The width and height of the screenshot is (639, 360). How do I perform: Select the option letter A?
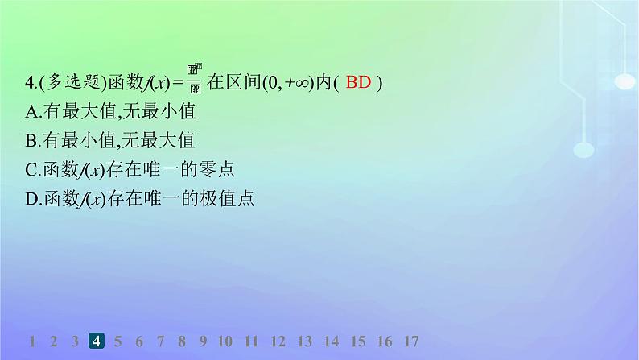pyautogui.click(x=31, y=110)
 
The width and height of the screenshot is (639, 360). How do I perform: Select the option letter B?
pyautogui.click(x=31, y=140)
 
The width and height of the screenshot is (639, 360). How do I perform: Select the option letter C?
pyautogui.click(x=31, y=169)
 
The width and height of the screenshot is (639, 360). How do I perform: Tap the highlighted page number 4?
pyautogui.click(x=96, y=341)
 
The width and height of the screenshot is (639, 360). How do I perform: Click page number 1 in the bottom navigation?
pyautogui.click(x=32, y=341)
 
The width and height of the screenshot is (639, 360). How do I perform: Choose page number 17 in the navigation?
pyautogui.click(x=410, y=341)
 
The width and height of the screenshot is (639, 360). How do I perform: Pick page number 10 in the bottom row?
pyautogui.click(x=225, y=341)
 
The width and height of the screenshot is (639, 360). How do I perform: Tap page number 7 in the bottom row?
pyautogui.click(x=160, y=341)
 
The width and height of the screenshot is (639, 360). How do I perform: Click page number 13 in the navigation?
pyautogui.click(x=304, y=341)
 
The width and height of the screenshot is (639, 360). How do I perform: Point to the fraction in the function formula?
pyautogui.click(x=194, y=80)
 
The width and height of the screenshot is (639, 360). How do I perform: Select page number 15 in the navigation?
pyautogui.click(x=357, y=341)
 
